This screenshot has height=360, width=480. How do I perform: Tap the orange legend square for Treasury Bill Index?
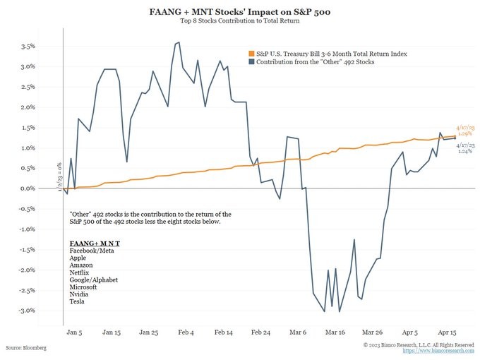point(251,54)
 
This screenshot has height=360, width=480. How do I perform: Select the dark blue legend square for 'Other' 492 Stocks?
point(251,63)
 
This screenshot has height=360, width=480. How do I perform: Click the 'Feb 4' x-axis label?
point(186,331)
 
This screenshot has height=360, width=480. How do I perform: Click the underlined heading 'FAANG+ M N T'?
point(95,244)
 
